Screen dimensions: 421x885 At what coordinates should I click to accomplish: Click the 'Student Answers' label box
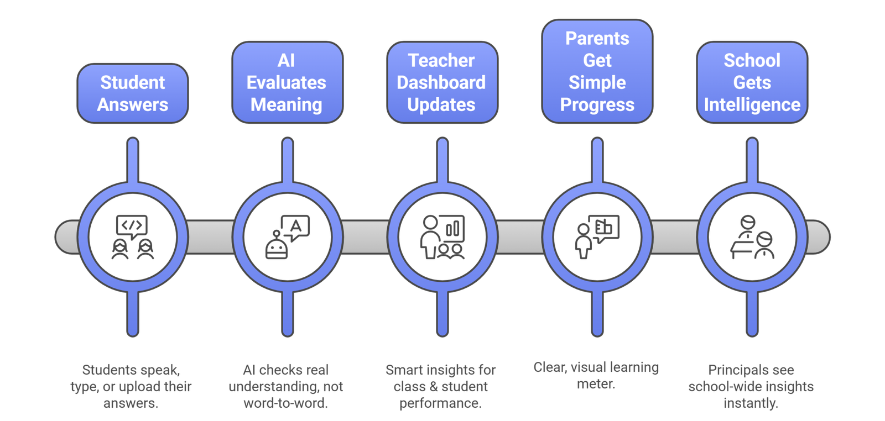[133, 93]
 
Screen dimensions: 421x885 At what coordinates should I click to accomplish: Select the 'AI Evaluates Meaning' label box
[287, 82]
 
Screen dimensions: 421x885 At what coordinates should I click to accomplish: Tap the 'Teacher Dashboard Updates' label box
[442, 82]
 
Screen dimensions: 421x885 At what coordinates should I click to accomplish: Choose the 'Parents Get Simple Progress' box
[597, 71]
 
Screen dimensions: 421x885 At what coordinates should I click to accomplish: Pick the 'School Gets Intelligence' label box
[752, 82]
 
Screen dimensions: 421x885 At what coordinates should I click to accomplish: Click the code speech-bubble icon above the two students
[132, 225]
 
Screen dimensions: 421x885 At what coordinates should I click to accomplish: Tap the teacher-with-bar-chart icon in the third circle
[442, 236]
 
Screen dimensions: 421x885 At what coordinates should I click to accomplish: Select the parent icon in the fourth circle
[597, 236]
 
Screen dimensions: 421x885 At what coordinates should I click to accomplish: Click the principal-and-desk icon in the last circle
[752, 236]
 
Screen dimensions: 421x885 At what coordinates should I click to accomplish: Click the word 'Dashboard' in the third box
[441, 82]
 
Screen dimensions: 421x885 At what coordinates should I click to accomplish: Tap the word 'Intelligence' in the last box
[752, 104]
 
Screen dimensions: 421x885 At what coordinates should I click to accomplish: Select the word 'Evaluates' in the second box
[287, 82]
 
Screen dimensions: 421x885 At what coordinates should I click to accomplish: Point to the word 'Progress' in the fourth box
[597, 104]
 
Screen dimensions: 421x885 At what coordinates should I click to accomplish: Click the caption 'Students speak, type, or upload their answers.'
[131, 386]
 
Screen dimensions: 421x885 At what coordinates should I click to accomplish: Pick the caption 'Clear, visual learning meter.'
[596, 375]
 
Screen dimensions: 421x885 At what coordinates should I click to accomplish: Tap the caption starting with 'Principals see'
[751, 386]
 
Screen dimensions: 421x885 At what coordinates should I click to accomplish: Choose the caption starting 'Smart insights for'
[441, 386]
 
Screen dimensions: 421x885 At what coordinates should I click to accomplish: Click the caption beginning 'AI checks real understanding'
[286, 386]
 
